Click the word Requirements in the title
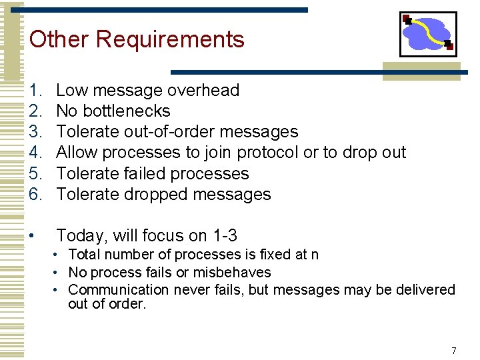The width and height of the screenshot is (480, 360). [170, 39]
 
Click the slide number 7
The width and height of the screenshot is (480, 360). [454, 351]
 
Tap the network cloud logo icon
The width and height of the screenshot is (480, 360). [428, 33]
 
